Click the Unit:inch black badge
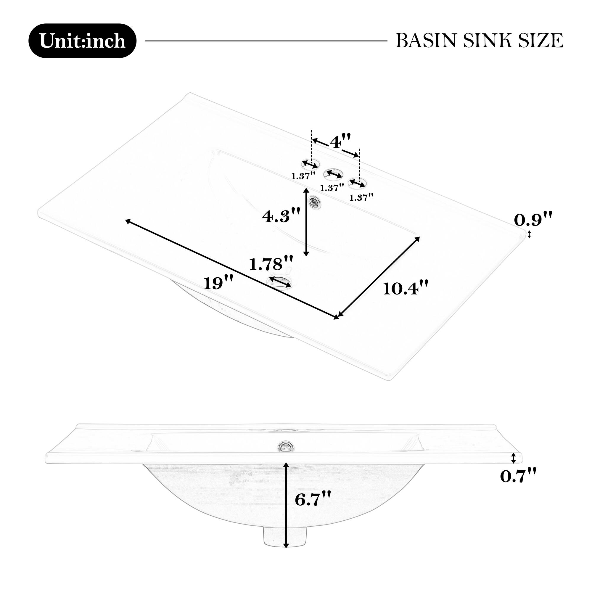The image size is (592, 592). [x=82, y=41]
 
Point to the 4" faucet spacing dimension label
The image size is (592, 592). [x=340, y=142]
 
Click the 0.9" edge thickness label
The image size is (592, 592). [x=533, y=219]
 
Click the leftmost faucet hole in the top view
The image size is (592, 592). [x=311, y=165]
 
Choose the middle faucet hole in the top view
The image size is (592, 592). [x=333, y=174]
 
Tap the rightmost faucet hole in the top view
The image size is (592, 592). [x=358, y=183]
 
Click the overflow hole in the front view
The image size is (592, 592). [x=286, y=446]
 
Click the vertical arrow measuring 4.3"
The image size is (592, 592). [x=306, y=222]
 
